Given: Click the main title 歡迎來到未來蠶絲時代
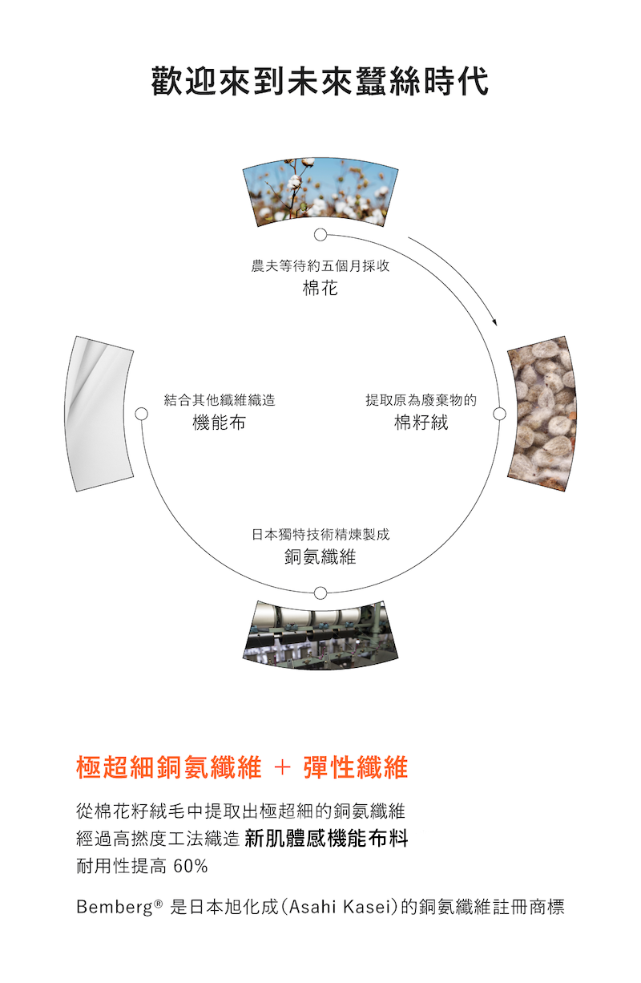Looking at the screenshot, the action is tap(320, 83).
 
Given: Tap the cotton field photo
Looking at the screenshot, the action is tap(320, 190).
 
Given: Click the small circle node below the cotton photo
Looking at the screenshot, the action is tap(320, 235).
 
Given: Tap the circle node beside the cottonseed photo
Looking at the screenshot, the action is tap(500, 414).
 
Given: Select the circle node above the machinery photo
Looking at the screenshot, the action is tap(320, 593).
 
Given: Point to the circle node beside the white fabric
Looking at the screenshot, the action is tap(142, 414).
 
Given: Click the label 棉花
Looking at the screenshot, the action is tap(320, 288).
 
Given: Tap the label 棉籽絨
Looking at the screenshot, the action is tap(421, 423).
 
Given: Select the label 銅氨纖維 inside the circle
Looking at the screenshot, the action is tap(320, 556).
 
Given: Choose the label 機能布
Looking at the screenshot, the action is tap(219, 423).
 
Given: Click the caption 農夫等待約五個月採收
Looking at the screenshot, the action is tap(320, 266).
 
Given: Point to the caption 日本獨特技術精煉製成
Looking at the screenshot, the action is tap(320, 534).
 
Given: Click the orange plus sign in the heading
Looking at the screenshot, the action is tap(283, 768).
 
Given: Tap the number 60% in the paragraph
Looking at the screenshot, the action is tap(190, 867).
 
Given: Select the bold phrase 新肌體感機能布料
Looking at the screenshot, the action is tap(327, 839).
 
